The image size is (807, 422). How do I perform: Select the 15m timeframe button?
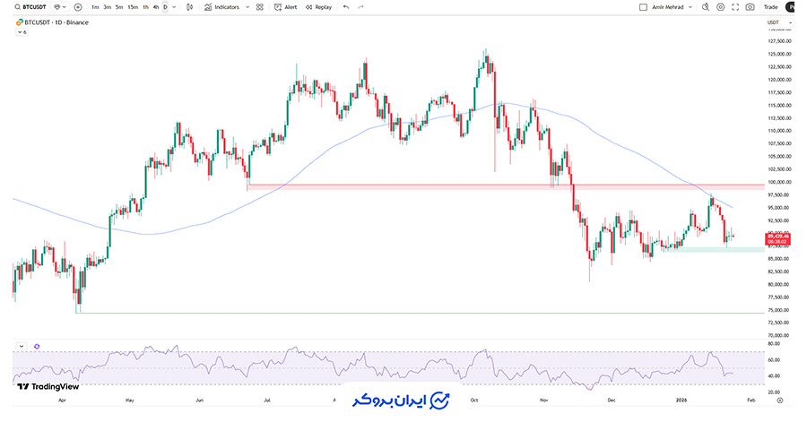tap(133, 7)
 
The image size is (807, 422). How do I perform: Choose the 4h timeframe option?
tap(156, 7)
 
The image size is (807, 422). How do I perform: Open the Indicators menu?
tap(221, 7)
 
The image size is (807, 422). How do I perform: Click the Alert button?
tap(286, 7)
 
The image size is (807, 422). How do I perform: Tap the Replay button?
tap(318, 7)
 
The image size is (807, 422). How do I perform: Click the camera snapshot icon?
tap(750, 7)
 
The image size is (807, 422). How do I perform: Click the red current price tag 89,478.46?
tap(777, 237)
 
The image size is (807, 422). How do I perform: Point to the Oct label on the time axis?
tap(474, 400)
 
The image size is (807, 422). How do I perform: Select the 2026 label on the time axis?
tap(681, 400)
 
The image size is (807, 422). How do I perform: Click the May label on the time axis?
tap(130, 400)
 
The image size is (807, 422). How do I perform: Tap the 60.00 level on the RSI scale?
tap(773, 359)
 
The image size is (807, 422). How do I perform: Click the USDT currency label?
tap(773, 22)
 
